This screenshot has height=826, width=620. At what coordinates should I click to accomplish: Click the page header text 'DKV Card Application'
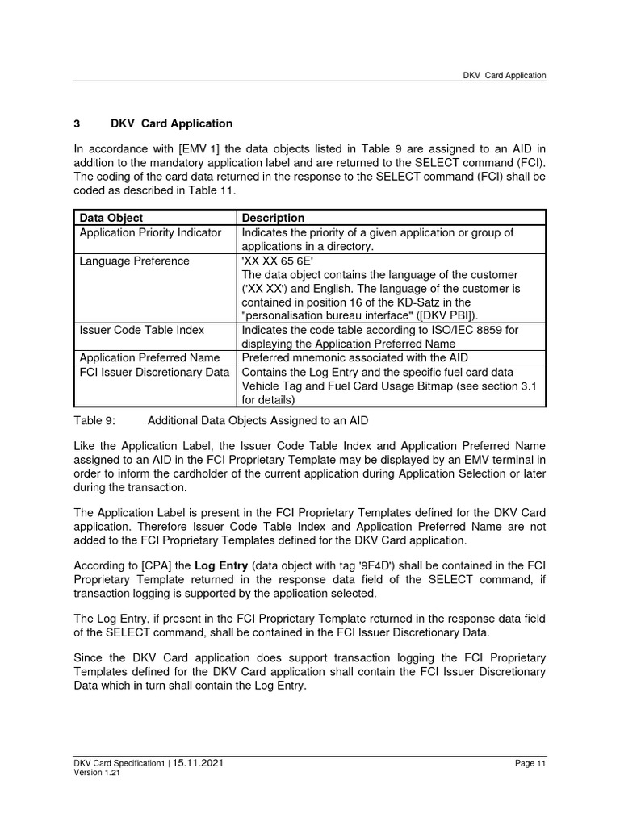pyautogui.click(x=504, y=75)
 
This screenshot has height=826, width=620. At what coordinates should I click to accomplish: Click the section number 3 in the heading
pyautogui.click(x=77, y=123)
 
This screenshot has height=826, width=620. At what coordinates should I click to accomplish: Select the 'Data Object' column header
pyautogui.click(x=111, y=218)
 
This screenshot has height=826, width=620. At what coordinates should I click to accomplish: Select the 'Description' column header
pyautogui.click(x=273, y=218)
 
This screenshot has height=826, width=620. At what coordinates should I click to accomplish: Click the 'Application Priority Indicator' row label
pyautogui.click(x=150, y=232)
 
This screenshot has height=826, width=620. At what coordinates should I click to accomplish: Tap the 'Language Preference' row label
pyautogui.click(x=134, y=261)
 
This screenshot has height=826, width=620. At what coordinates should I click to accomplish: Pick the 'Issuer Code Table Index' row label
pyautogui.click(x=141, y=330)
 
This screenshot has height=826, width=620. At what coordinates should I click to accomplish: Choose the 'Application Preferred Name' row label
pyautogui.click(x=149, y=357)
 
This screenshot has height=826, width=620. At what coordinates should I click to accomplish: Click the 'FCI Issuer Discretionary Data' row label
pyautogui.click(x=154, y=372)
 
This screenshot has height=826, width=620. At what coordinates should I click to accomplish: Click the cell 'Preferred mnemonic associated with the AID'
pyautogui.click(x=354, y=357)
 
